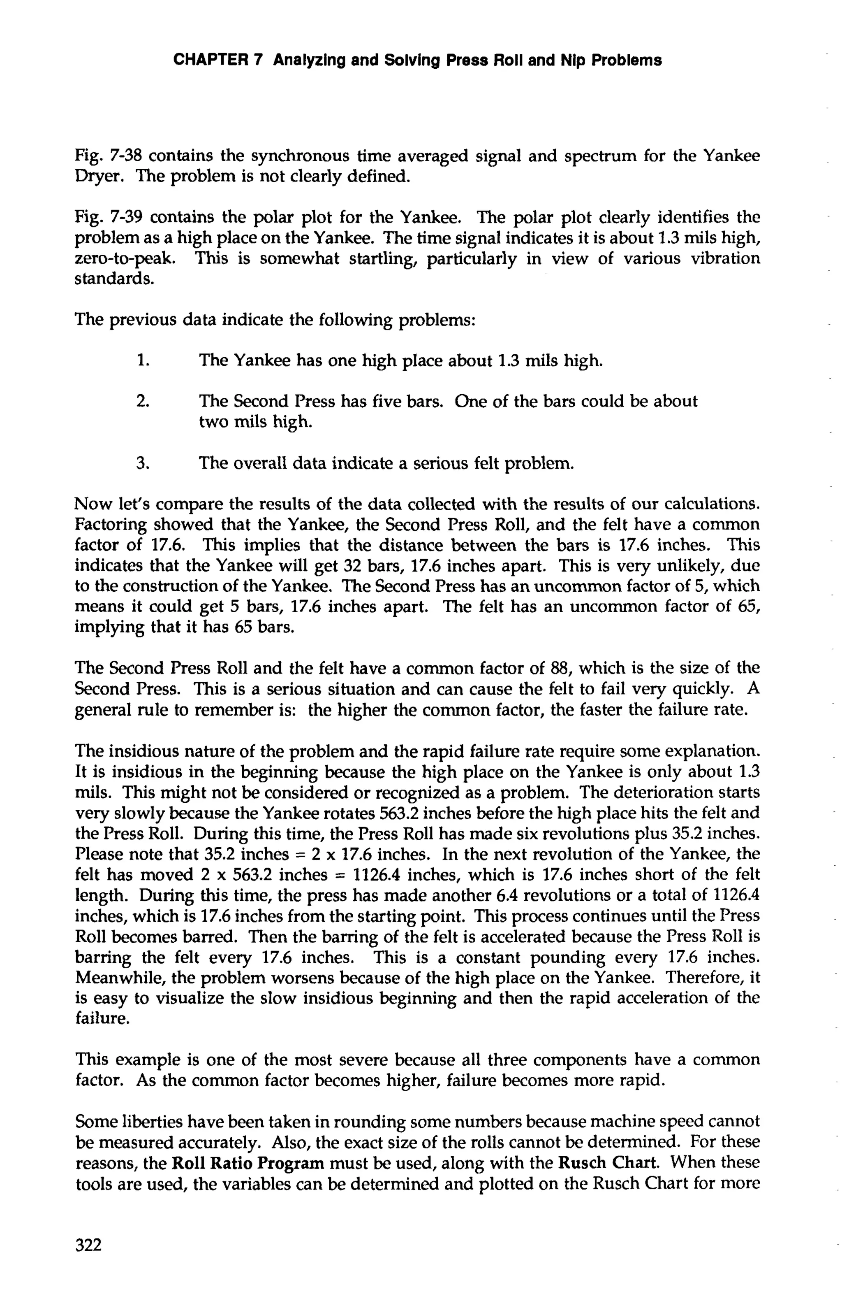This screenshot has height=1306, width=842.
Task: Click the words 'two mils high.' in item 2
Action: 255,423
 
